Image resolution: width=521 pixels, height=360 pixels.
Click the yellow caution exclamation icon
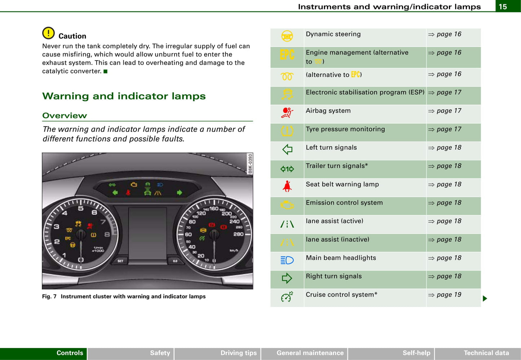click(x=48, y=33)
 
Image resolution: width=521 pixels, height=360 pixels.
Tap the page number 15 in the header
click(x=503, y=6)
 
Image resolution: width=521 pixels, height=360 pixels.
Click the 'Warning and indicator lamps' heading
click(x=124, y=96)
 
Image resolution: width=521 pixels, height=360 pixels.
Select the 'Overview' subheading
click(x=65, y=115)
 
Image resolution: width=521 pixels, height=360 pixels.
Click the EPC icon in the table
click(x=287, y=55)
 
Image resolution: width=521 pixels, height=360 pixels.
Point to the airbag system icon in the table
click(x=287, y=113)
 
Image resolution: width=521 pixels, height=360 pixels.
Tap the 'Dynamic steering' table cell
click(x=333, y=34)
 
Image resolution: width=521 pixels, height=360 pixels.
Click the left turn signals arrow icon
click(x=287, y=149)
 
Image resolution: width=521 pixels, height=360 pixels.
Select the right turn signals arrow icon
click(x=287, y=278)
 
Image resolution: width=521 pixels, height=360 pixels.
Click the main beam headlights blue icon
click(x=287, y=260)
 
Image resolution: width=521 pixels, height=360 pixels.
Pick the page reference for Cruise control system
click(x=445, y=295)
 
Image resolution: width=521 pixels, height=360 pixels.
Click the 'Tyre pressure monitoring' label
click(x=345, y=129)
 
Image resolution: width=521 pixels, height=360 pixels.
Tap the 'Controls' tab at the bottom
click(x=70, y=353)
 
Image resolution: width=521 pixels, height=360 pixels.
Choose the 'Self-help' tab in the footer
click(x=416, y=353)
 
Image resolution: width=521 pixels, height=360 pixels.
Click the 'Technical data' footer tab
click(x=486, y=353)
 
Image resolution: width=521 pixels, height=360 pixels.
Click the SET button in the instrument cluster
click(x=120, y=261)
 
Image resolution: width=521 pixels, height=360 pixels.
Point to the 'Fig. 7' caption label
click(x=49, y=297)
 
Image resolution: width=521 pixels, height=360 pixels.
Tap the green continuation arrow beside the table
click(x=485, y=298)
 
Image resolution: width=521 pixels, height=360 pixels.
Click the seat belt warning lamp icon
click(x=287, y=186)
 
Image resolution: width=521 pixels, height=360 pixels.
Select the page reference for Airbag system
click(x=445, y=111)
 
